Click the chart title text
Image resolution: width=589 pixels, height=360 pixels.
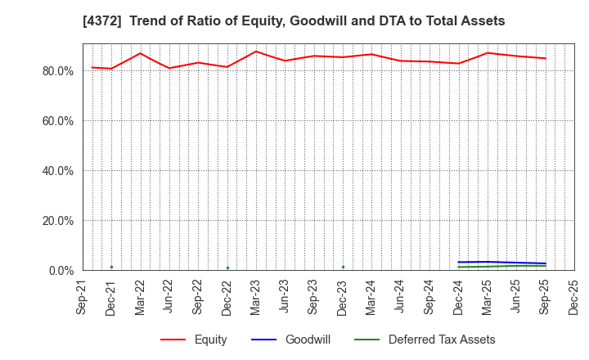click(294, 21)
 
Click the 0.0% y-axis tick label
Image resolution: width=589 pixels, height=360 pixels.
click(60, 271)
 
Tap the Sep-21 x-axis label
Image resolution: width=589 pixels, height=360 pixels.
click(83, 296)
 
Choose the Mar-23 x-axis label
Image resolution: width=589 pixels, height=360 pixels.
click(256, 296)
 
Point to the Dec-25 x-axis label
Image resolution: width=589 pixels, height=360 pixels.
click(574, 296)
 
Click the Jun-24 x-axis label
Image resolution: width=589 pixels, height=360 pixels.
click(401, 296)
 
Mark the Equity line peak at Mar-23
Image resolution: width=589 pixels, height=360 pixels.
click(256, 52)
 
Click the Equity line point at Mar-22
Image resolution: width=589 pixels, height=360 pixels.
click(140, 53)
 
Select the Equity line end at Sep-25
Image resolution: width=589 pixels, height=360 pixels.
click(546, 58)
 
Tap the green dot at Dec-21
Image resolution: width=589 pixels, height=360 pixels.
click(111, 267)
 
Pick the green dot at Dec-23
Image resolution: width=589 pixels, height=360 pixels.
click(343, 267)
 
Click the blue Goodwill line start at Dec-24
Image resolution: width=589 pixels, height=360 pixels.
click(459, 262)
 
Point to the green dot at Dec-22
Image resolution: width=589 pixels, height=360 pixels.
click(227, 268)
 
